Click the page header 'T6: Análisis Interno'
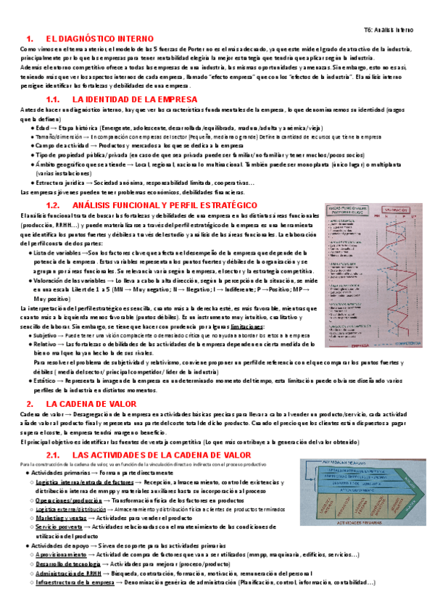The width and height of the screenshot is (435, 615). (x=387, y=30)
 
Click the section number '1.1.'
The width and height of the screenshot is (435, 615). (x=56, y=99)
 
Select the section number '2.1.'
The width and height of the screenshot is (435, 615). (x=56, y=454)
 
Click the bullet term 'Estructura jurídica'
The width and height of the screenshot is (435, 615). (x=63, y=183)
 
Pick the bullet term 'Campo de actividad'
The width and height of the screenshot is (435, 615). (x=61, y=145)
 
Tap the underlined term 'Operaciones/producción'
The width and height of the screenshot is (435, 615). (x=69, y=500)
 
